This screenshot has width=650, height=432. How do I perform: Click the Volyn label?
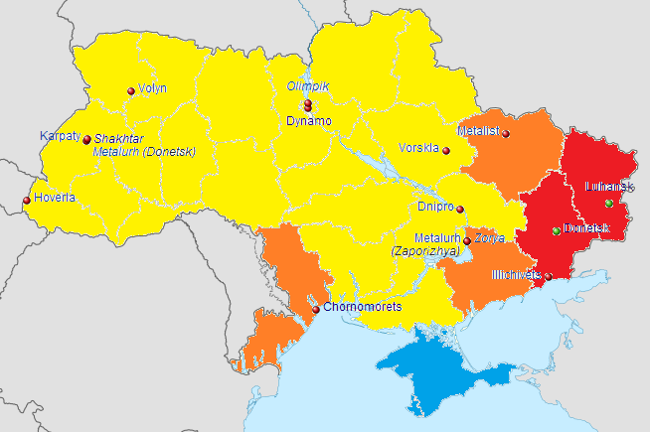[x=152, y=88]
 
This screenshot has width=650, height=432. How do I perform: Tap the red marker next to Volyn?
[x=130, y=91]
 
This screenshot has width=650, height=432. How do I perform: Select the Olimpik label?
[x=307, y=86]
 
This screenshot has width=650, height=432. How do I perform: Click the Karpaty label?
[x=60, y=136]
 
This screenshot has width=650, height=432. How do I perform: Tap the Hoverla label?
[x=55, y=198]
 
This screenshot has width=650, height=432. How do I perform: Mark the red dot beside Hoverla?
[x=27, y=202]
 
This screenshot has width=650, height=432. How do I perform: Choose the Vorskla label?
[x=418, y=148]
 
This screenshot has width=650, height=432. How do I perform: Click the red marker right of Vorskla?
[x=446, y=151]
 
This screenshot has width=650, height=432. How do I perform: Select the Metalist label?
[x=478, y=131]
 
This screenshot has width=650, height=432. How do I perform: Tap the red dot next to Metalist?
[x=506, y=134]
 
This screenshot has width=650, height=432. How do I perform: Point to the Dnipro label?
[x=435, y=208]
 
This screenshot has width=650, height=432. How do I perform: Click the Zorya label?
[x=489, y=238]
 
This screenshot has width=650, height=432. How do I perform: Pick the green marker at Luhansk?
[x=608, y=204]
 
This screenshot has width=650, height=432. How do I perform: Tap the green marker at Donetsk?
[x=557, y=231]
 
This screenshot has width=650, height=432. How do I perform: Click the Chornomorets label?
[x=363, y=307]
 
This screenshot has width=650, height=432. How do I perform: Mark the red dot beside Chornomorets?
[x=316, y=310]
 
